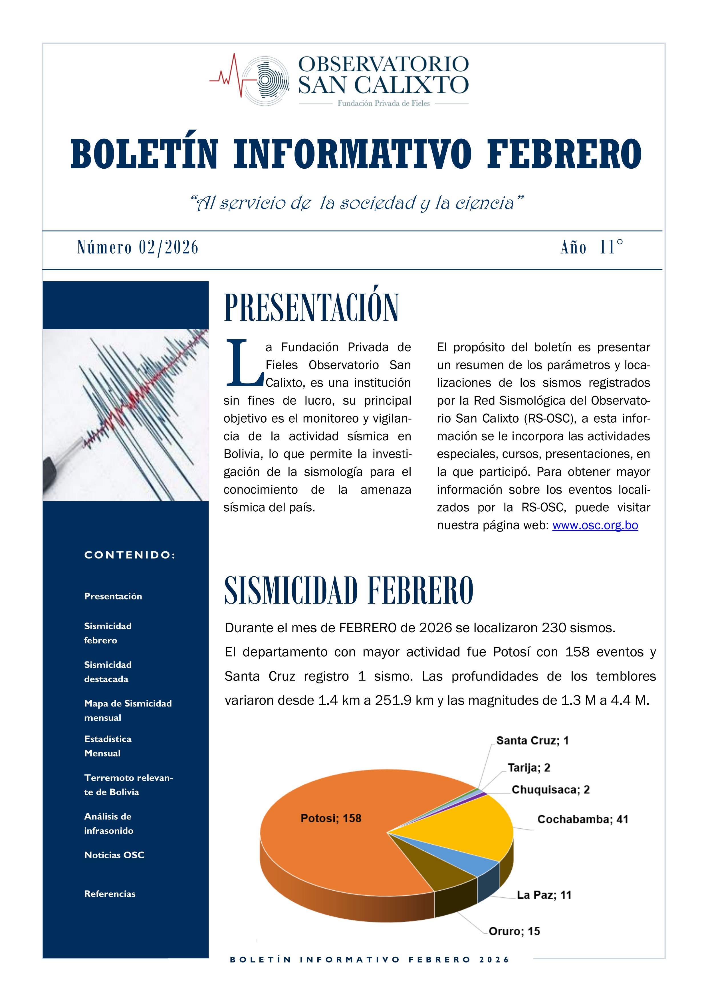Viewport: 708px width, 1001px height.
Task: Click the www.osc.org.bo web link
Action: [595, 525]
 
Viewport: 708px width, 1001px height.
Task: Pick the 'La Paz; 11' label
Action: [544, 895]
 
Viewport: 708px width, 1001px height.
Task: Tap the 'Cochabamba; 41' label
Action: [582, 819]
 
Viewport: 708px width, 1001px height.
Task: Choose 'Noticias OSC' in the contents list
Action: [114, 855]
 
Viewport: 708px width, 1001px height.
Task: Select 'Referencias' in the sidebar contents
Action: [110, 894]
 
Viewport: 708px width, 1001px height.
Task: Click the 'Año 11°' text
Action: [592, 247]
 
